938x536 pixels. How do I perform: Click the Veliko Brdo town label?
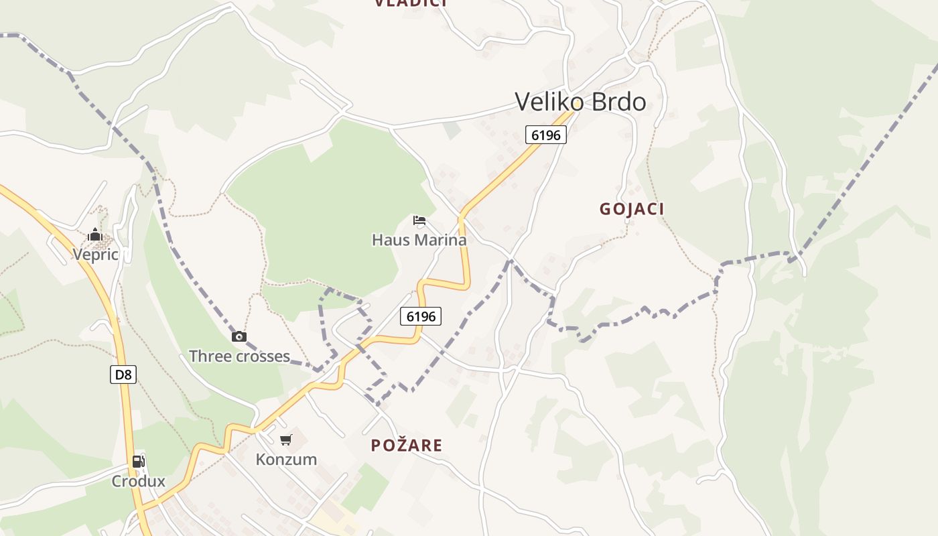pos(580,102)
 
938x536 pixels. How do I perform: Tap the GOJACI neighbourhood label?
pos(632,209)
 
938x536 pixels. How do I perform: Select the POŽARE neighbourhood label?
pos(407,446)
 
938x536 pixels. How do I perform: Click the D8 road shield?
pos(123,375)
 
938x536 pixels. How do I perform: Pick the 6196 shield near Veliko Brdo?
pos(546,135)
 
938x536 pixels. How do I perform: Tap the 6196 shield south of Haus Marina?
pos(421,316)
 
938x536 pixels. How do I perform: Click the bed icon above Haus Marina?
pos(419,220)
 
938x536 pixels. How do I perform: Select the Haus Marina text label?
pos(419,240)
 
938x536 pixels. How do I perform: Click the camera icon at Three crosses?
pos(239,336)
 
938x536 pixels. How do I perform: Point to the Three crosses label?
pos(239,356)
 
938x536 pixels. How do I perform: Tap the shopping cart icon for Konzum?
pos(286,440)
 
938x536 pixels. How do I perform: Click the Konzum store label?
pos(286,460)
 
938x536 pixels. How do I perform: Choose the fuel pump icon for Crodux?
pos(138,461)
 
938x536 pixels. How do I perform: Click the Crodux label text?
pos(138,481)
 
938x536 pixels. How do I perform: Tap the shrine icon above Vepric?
pos(95,234)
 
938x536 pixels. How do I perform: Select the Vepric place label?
pos(95,255)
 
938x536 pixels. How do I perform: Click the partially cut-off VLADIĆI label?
pos(411,3)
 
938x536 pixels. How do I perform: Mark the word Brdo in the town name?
pos(616,102)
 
